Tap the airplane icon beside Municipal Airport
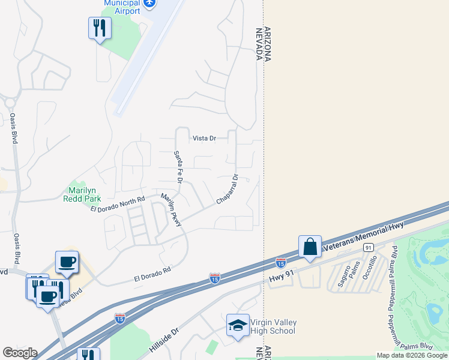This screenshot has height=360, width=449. pos(150,4)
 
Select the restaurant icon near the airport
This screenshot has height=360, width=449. pos(100,28)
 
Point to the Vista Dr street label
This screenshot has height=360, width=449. pos(204,138)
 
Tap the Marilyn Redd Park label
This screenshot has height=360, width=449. pos(82,194)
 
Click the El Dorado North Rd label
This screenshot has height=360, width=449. pos(118,204)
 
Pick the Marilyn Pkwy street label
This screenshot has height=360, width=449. pos(170,210)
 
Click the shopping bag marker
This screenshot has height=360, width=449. pos(310,247)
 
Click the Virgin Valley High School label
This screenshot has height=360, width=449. pos(273,327)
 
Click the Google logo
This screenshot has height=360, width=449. pos(20,353)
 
